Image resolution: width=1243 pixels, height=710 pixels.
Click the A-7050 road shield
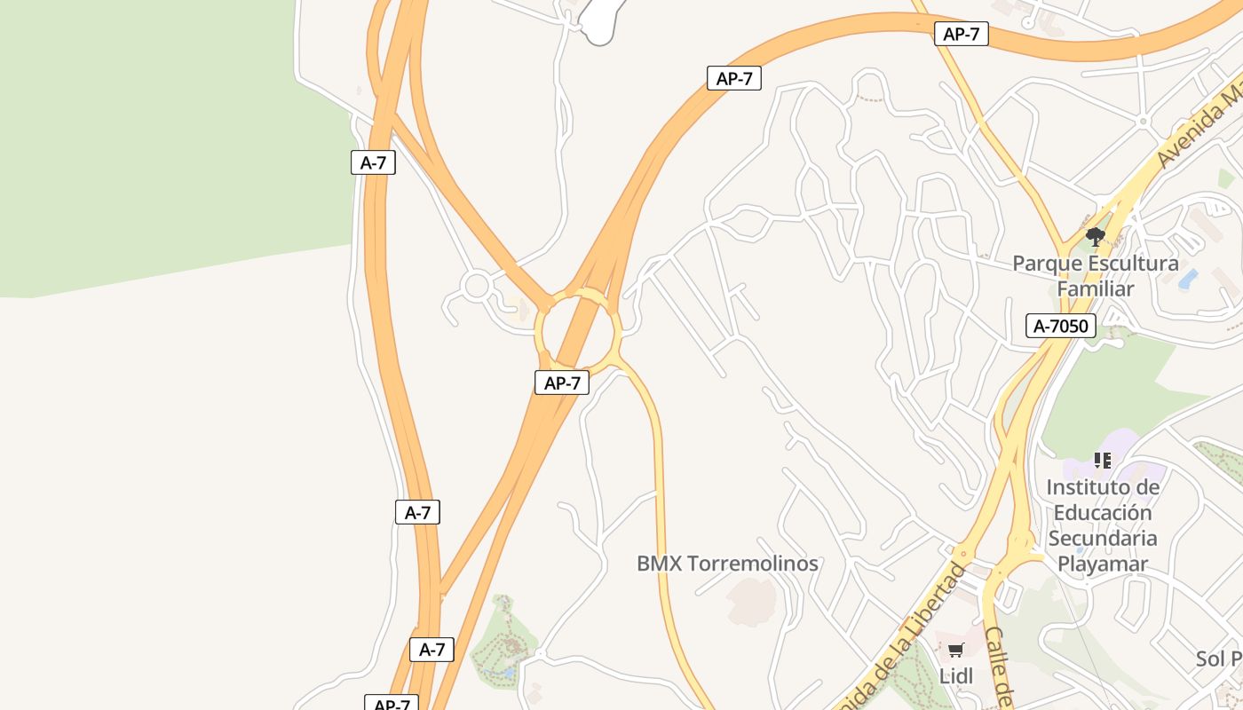(x=1061, y=326)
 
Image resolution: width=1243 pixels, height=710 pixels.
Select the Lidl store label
(x=956, y=676)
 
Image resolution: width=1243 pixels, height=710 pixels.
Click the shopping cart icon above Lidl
(x=956, y=651)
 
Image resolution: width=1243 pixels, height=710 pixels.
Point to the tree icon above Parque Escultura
(x=1096, y=237)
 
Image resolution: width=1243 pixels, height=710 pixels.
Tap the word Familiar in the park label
(x=1096, y=288)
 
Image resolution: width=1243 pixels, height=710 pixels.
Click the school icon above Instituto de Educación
(x=1102, y=461)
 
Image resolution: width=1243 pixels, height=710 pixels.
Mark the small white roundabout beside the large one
(x=477, y=287)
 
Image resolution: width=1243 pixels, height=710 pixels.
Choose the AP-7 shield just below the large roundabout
(x=562, y=383)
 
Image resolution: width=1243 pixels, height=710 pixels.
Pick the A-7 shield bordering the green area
(x=373, y=162)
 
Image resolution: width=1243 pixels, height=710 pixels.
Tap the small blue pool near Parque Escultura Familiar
(x=1188, y=280)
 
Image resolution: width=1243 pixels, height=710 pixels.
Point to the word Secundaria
(x=1103, y=538)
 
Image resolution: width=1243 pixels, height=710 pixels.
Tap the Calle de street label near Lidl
(x=999, y=666)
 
